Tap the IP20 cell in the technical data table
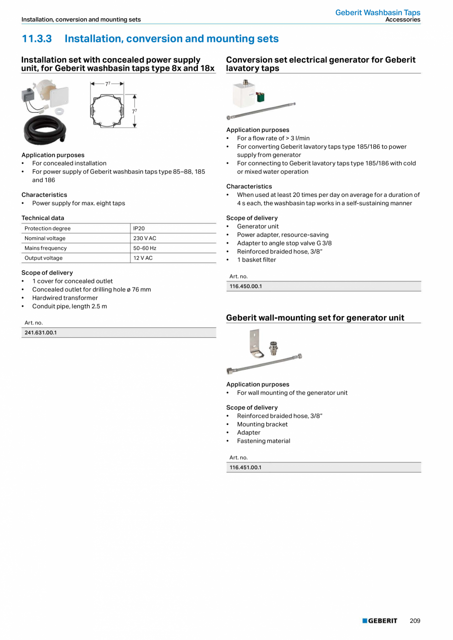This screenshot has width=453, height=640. [x=139, y=228]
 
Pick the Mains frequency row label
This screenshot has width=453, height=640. [x=45, y=248]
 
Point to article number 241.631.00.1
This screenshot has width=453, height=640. [x=41, y=333]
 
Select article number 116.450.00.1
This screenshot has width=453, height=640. [x=246, y=287]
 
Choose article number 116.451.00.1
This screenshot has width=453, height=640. [x=246, y=468]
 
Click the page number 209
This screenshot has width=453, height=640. [x=415, y=621]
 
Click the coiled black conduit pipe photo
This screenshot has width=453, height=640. [x=44, y=130]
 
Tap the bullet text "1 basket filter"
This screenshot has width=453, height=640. [x=256, y=260]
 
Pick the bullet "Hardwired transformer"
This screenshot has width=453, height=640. [x=65, y=298]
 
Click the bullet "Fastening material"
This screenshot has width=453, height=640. [x=263, y=441]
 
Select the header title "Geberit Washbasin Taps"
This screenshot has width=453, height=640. [x=378, y=12]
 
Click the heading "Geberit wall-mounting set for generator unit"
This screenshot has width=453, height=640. [x=315, y=318]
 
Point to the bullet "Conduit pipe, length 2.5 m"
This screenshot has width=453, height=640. [x=69, y=306]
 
